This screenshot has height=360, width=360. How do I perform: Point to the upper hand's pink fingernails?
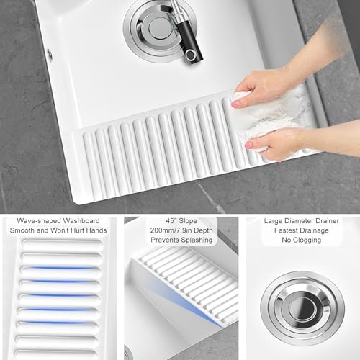pyautogui.click(x=236, y=104)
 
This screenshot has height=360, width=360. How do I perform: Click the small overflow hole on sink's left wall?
pyautogui.click(x=50, y=54)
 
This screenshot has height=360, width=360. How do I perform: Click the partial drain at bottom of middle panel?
pyautogui.click(x=130, y=354)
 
